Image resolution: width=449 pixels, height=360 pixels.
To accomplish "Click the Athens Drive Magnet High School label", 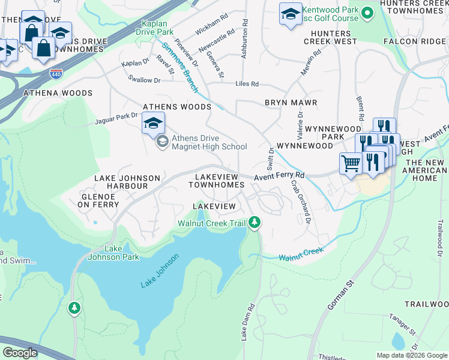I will (209, 142).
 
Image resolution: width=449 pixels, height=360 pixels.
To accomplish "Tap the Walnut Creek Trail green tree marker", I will (255, 223).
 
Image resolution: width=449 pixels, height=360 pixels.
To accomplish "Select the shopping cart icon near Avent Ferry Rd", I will (351, 163).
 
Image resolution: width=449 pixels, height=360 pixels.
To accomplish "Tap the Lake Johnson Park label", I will (122, 253).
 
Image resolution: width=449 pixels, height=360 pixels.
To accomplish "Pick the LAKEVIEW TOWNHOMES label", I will (217, 181).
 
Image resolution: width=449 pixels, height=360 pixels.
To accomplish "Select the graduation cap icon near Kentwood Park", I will (291, 14).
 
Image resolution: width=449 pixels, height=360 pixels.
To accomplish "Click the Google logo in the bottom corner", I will (20, 353).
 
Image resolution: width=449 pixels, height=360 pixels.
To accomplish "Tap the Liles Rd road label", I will (247, 84).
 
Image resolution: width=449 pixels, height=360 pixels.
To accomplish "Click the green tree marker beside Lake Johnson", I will (74, 307).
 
